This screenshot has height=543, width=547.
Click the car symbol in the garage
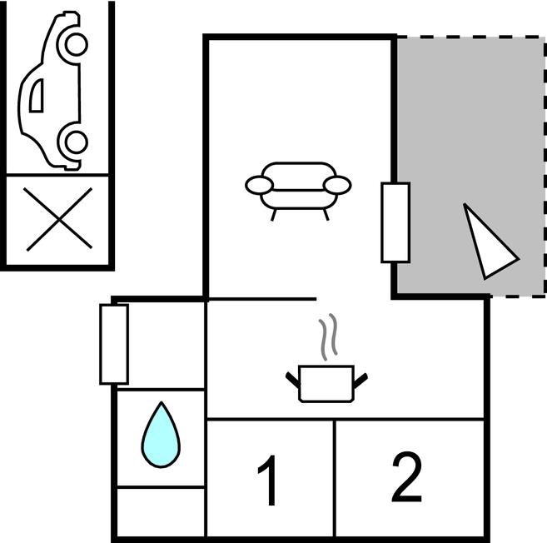53,91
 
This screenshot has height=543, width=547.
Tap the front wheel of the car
76,44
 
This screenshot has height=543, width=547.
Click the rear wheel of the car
76,142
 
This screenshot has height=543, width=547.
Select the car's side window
37,95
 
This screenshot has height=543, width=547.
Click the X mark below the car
59,220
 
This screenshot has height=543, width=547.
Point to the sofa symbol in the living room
298,192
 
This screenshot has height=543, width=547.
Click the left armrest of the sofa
259,185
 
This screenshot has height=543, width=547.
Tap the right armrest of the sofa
337,185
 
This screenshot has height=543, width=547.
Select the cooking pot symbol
326,383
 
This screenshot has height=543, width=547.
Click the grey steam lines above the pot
328,336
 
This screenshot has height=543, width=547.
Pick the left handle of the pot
293,381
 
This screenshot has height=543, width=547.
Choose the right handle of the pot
361,381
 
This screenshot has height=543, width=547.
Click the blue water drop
161,435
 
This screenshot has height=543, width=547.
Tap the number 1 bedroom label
268,481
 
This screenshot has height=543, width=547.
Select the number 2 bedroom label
407,476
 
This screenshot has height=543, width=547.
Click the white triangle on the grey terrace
489,242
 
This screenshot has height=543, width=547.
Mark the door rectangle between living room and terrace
395,222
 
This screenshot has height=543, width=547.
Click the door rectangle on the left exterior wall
114,345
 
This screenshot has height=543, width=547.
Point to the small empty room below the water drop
161,511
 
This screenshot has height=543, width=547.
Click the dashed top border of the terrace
471,37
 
